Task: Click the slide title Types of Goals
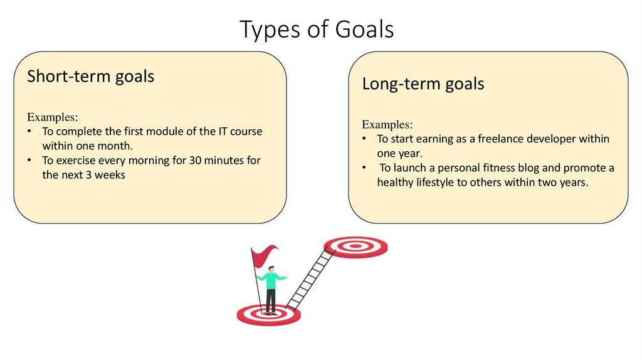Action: click(317, 29)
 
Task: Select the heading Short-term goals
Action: click(90, 77)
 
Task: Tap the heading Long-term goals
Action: click(423, 83)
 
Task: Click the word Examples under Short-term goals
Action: click(52, 117)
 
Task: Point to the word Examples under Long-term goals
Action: click(387, 124)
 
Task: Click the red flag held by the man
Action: click(264, 255)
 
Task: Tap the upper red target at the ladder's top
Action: click(355, 246)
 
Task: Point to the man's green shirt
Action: click(270, 280)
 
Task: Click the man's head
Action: click(270, 269)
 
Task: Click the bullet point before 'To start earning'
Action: click(365, 139)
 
